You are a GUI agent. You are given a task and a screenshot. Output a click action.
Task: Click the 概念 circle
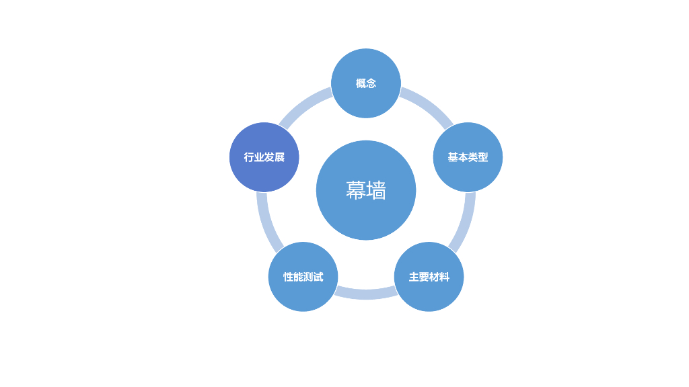(x=366, y=83)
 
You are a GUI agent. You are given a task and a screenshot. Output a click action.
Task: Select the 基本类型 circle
(x=468, y=157)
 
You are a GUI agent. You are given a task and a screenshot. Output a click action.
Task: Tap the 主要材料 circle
(x=429, y=277)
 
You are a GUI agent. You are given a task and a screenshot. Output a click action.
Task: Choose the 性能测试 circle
(x=303, y=277)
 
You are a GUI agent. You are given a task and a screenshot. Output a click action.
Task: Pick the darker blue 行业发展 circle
(x=264, y=157)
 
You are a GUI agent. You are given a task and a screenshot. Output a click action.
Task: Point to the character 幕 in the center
(x=356, y=190)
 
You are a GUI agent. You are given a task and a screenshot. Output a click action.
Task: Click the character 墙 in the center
(x=377, y=190)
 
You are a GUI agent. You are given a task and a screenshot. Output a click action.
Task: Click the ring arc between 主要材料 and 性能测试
(x=366, y=294)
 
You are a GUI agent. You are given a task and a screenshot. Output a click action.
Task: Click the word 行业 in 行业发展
(x=254, y=157)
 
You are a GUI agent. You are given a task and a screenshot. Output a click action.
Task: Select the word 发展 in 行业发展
(x=274, y=157)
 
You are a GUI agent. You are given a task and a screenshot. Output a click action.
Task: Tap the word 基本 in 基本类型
(x=458, y=157)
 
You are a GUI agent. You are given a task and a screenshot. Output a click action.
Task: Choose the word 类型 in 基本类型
(x=478, y=157)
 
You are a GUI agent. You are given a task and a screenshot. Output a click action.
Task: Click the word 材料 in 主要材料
(x=439, y=277)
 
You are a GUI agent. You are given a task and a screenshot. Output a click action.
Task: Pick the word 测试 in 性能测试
(x=313, y=277)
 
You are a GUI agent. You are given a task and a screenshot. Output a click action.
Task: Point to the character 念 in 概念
(x=371, y=83)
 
